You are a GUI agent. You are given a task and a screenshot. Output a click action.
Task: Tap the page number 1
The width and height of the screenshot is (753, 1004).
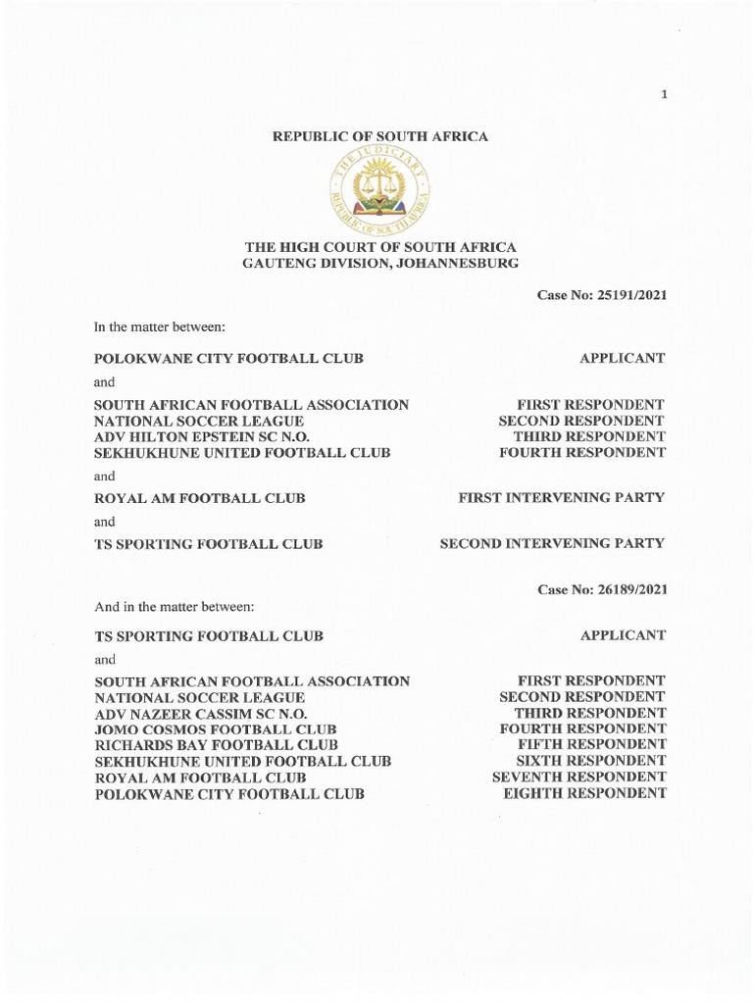665,94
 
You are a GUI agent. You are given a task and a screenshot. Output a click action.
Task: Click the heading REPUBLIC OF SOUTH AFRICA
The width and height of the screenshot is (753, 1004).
379,136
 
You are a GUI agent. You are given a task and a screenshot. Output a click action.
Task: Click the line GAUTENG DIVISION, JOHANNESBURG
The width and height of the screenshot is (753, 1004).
380,264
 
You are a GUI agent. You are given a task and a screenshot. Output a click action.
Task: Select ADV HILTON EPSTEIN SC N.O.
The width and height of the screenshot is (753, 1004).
201,436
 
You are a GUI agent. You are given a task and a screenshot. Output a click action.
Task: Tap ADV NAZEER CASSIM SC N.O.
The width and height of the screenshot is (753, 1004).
201,713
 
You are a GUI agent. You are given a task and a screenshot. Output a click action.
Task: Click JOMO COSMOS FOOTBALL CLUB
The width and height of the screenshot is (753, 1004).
216,729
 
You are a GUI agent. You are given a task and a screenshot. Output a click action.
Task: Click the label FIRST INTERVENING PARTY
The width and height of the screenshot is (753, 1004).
562,498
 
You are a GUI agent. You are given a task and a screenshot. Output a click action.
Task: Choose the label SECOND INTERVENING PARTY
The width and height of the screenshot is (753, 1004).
552,543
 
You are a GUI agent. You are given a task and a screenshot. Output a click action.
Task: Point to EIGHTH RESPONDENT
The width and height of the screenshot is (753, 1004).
584,793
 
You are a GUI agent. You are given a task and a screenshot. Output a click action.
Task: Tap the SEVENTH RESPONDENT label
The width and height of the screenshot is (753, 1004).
578,777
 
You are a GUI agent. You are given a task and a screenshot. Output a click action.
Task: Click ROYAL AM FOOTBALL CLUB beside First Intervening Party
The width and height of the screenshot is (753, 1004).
200,498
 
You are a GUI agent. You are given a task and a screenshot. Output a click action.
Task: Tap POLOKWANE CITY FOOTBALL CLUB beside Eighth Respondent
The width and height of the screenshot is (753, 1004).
229,793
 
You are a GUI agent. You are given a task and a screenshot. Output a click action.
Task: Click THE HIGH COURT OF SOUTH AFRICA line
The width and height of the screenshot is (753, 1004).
380,247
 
